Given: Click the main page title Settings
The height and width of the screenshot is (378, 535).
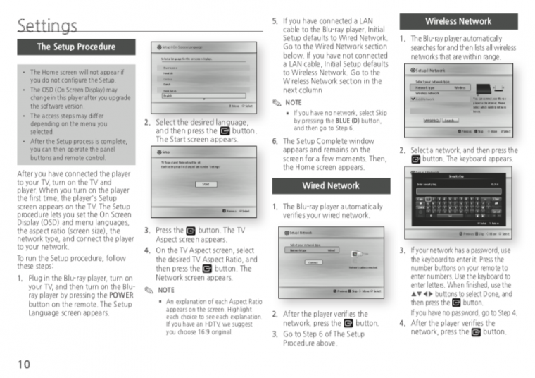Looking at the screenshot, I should click(x=47, y=26).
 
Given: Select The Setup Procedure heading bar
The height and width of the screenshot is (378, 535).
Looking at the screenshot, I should click(x=76, y=47).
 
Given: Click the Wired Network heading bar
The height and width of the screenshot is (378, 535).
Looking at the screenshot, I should click(x=330, y=186).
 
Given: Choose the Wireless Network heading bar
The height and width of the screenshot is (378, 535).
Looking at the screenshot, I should click(x=458, y=21).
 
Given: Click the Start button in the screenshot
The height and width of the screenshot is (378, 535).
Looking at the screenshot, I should click(x=206, y=184).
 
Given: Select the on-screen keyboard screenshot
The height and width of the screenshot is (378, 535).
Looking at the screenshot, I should click(x=458, y=204).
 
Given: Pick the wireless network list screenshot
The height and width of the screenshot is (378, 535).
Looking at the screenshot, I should click(x=458, y=101).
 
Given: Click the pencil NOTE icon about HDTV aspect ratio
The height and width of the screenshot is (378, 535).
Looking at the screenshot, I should click(x=148, y=290).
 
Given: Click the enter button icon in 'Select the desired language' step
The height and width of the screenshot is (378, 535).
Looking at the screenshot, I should click(x=225, y=131).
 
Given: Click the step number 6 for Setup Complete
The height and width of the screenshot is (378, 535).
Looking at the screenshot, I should click(x=275, y=141).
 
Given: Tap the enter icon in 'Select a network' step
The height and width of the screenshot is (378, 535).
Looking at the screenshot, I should click(x=416, y=159).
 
